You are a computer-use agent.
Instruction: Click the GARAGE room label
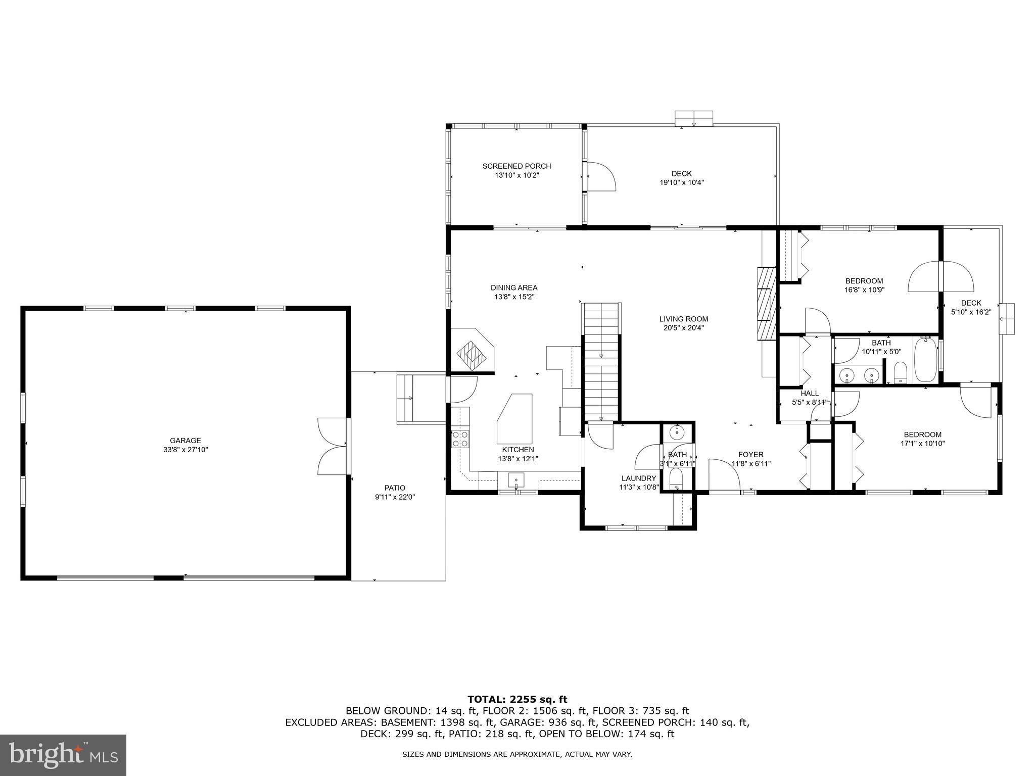click(185, 441)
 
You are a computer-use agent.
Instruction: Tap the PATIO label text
click(395, 488)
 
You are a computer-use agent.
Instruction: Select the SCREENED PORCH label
click(516, 166)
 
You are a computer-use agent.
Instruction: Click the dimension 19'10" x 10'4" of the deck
click(681, 182)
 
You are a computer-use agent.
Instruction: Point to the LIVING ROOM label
click(683, 319)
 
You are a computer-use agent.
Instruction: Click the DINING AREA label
click(514, 288)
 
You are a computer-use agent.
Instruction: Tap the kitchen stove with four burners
click(460, 439)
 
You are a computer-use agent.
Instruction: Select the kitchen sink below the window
click(516, 479)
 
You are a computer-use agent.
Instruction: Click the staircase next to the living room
click(601, 361)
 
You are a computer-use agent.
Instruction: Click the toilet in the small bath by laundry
click(676, 477)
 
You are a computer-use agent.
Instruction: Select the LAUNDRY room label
click(639, 478)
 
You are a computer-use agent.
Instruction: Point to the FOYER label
click(750, 455)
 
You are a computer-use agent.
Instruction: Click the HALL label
click(809, 394)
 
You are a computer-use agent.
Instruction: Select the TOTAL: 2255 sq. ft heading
click(517, 699)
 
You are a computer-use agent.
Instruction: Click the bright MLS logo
click(63, 755)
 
